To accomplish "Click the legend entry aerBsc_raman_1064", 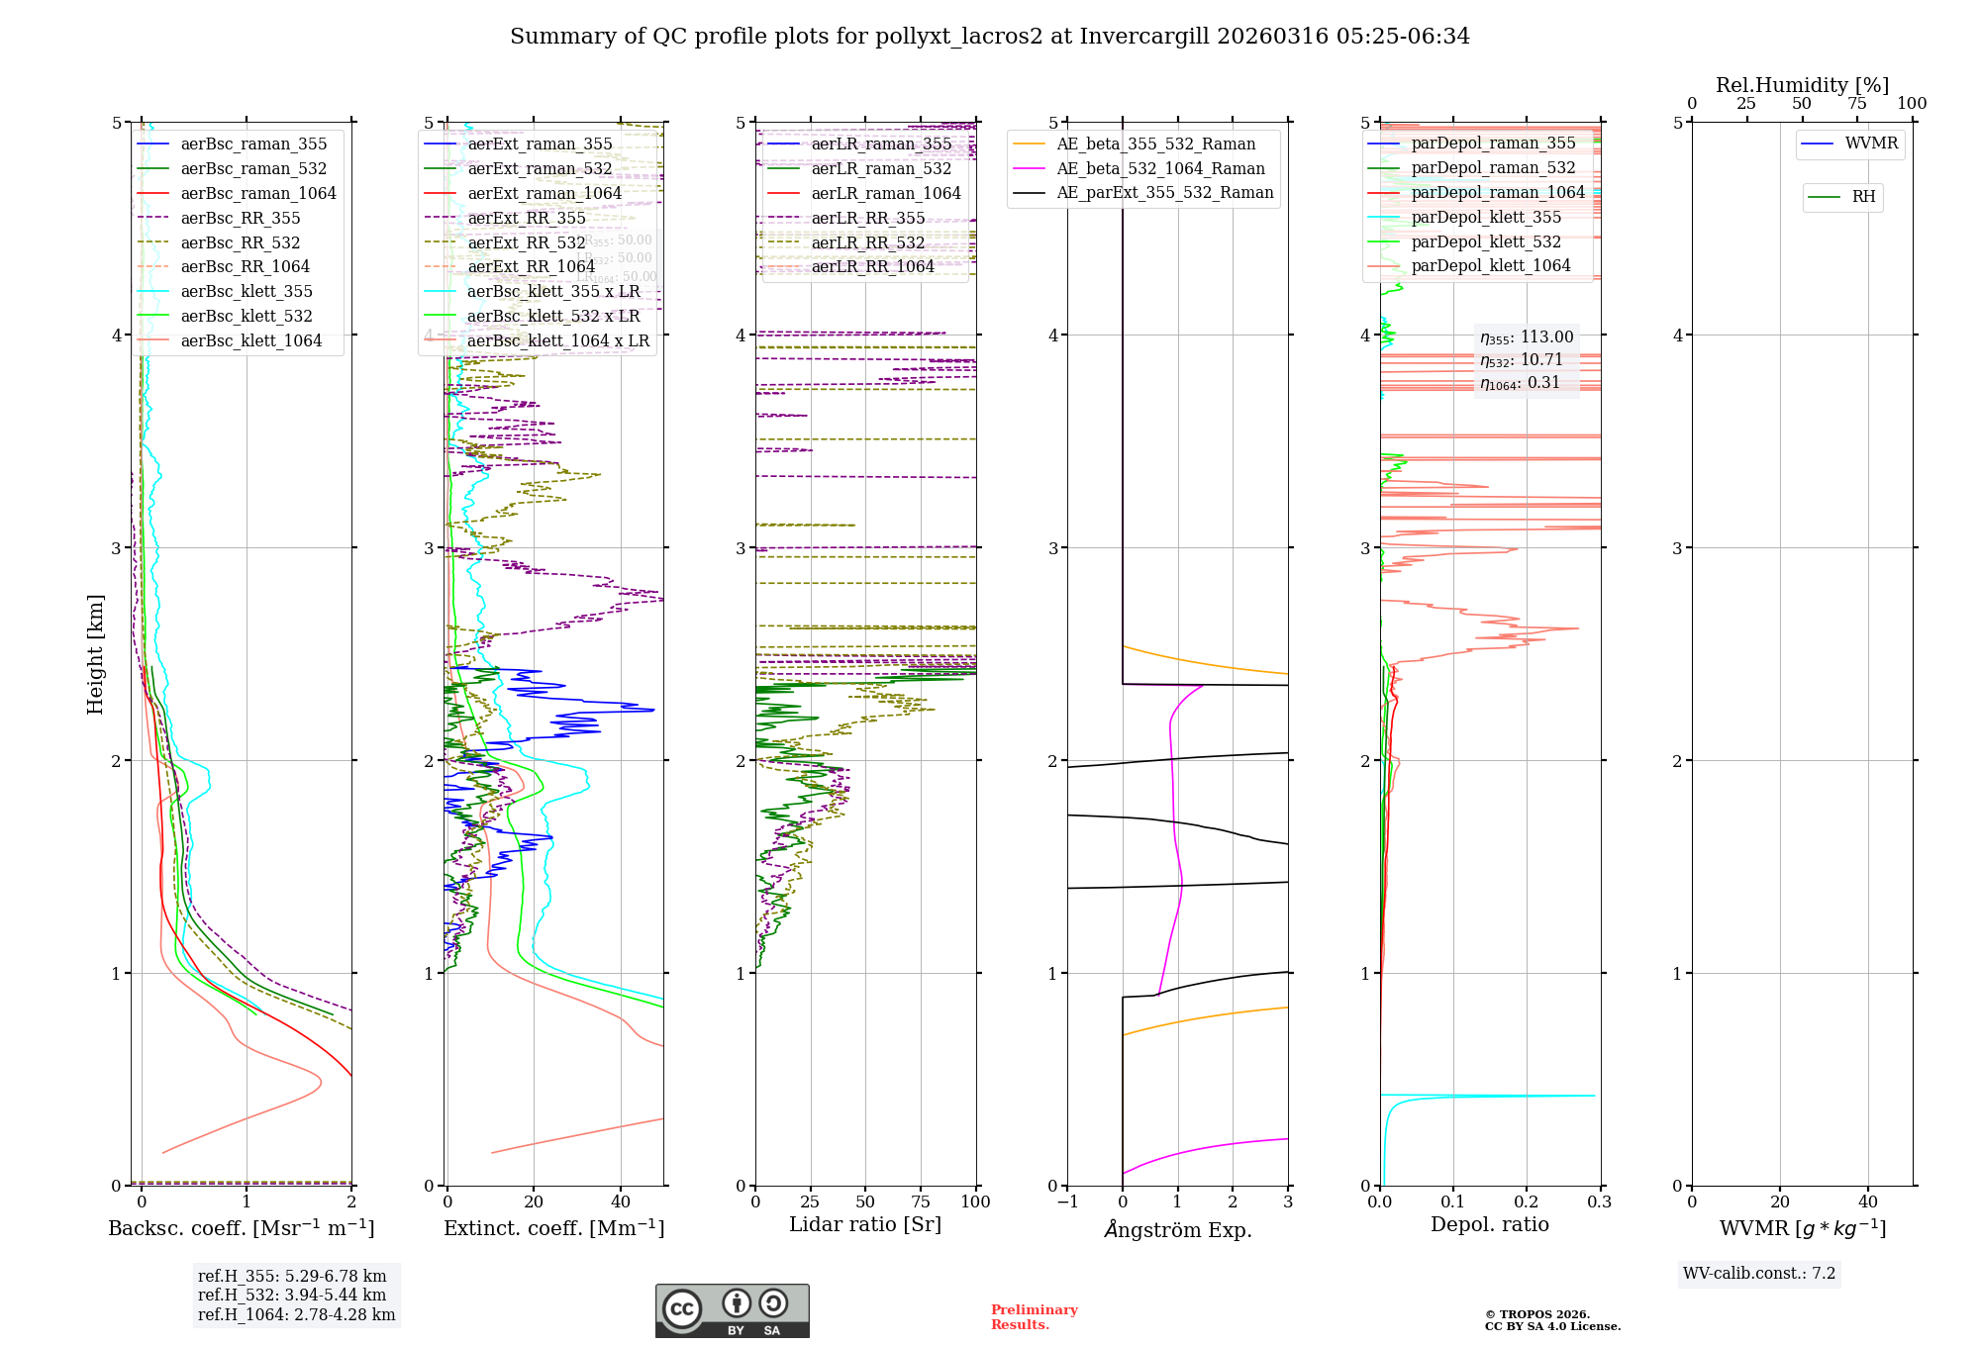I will [x=257, y=193].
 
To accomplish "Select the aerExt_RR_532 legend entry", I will [x=526, y=242].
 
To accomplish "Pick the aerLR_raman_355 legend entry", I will [x=881, y=144].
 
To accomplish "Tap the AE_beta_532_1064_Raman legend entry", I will [x=1160, y=168].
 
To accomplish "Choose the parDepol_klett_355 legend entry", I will [x=1486, y=217].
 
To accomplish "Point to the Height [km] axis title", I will [x=95, y=654].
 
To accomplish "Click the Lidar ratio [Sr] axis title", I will [x=864, y=1224].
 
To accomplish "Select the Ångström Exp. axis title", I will [x=1178, y=1229].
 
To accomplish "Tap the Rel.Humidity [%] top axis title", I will [x=1802, y=85].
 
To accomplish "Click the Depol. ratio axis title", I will [x=1489, y=1224].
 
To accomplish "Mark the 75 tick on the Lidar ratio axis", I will [x=921, y=1202].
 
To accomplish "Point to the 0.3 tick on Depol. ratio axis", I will [x=1600, y=1202].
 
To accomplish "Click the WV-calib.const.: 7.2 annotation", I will [x=1759, y=1273].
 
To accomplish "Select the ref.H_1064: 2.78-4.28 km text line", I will [x=296, y=1314].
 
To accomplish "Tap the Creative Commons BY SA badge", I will [x=732, y=1310].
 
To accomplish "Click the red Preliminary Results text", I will [x=1034, y=1317].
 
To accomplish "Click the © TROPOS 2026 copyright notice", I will [x=1536, y=1314].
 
